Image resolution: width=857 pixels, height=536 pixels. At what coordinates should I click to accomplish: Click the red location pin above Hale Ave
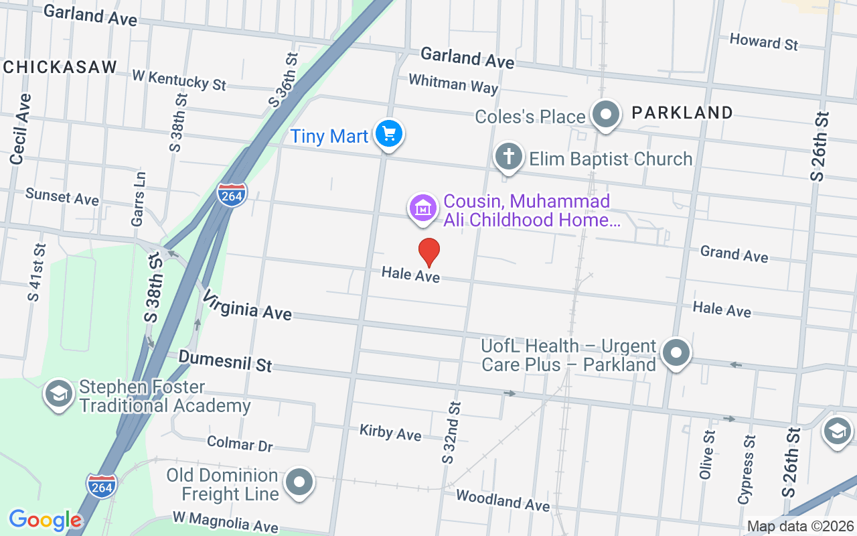[x=429, y=252]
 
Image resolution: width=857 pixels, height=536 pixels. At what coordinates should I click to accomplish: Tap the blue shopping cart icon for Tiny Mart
[x=388, y=133]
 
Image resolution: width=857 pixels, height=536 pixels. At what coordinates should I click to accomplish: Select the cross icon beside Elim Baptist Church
[x=508, y=157]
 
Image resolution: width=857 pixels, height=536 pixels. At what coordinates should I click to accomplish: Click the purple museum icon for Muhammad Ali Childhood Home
[x=423, y=208]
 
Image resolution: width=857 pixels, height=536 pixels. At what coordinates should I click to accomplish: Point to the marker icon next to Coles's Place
[x=606, y=115]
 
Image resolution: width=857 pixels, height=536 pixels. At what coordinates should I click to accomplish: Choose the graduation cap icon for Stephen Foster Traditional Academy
[x=59, y=394]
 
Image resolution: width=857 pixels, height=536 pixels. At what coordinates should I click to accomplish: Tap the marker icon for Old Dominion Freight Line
[x=299, y=482]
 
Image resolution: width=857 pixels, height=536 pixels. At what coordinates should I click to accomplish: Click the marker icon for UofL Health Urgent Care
[x=676, y=352]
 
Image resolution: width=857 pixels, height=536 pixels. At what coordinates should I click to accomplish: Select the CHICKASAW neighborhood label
[x=60, y=67]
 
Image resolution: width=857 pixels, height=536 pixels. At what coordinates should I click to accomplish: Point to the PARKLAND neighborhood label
[x=682, y=113]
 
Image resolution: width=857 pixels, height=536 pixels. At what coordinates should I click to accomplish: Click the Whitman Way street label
[x=453, y=84]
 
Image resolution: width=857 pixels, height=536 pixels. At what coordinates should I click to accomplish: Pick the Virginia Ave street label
[x=247, y=305]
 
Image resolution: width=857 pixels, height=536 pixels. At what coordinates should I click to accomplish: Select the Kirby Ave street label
[x=390, y=433]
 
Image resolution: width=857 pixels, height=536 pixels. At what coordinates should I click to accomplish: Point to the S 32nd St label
[x=451, y=432]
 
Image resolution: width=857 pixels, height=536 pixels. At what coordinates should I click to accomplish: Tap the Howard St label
[x=763, y=42]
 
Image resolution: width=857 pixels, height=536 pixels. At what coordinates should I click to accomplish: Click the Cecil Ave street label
[x=21, y=129]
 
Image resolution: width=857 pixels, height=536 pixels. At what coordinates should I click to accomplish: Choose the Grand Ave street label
[x=734, y=253]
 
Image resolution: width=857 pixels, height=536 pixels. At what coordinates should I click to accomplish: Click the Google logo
[x=45, y=520]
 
